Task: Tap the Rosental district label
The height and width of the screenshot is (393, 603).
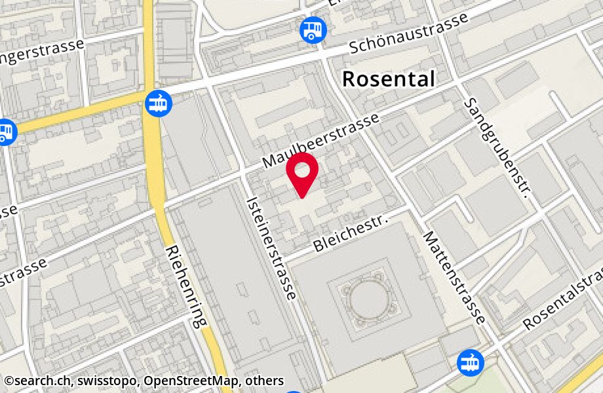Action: (x=388, y=79)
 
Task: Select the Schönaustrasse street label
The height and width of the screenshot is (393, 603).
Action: (x=409, y=32)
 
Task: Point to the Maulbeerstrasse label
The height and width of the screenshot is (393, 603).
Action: (x=321, y=140)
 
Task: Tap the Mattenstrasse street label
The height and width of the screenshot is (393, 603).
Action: (x=454, y=277)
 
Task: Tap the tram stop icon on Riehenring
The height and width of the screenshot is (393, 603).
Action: (x=159, y=103)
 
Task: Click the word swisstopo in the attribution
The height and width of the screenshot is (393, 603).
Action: (x=107, y=381)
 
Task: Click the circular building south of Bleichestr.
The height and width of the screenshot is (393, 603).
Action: (x=369, y=300)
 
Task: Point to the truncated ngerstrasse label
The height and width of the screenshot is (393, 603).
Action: (x=46, y=54)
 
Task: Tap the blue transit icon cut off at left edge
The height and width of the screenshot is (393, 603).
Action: (x=5, y=132)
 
